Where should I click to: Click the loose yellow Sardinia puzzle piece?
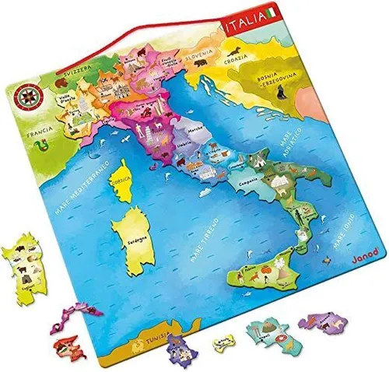coord(26,269)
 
